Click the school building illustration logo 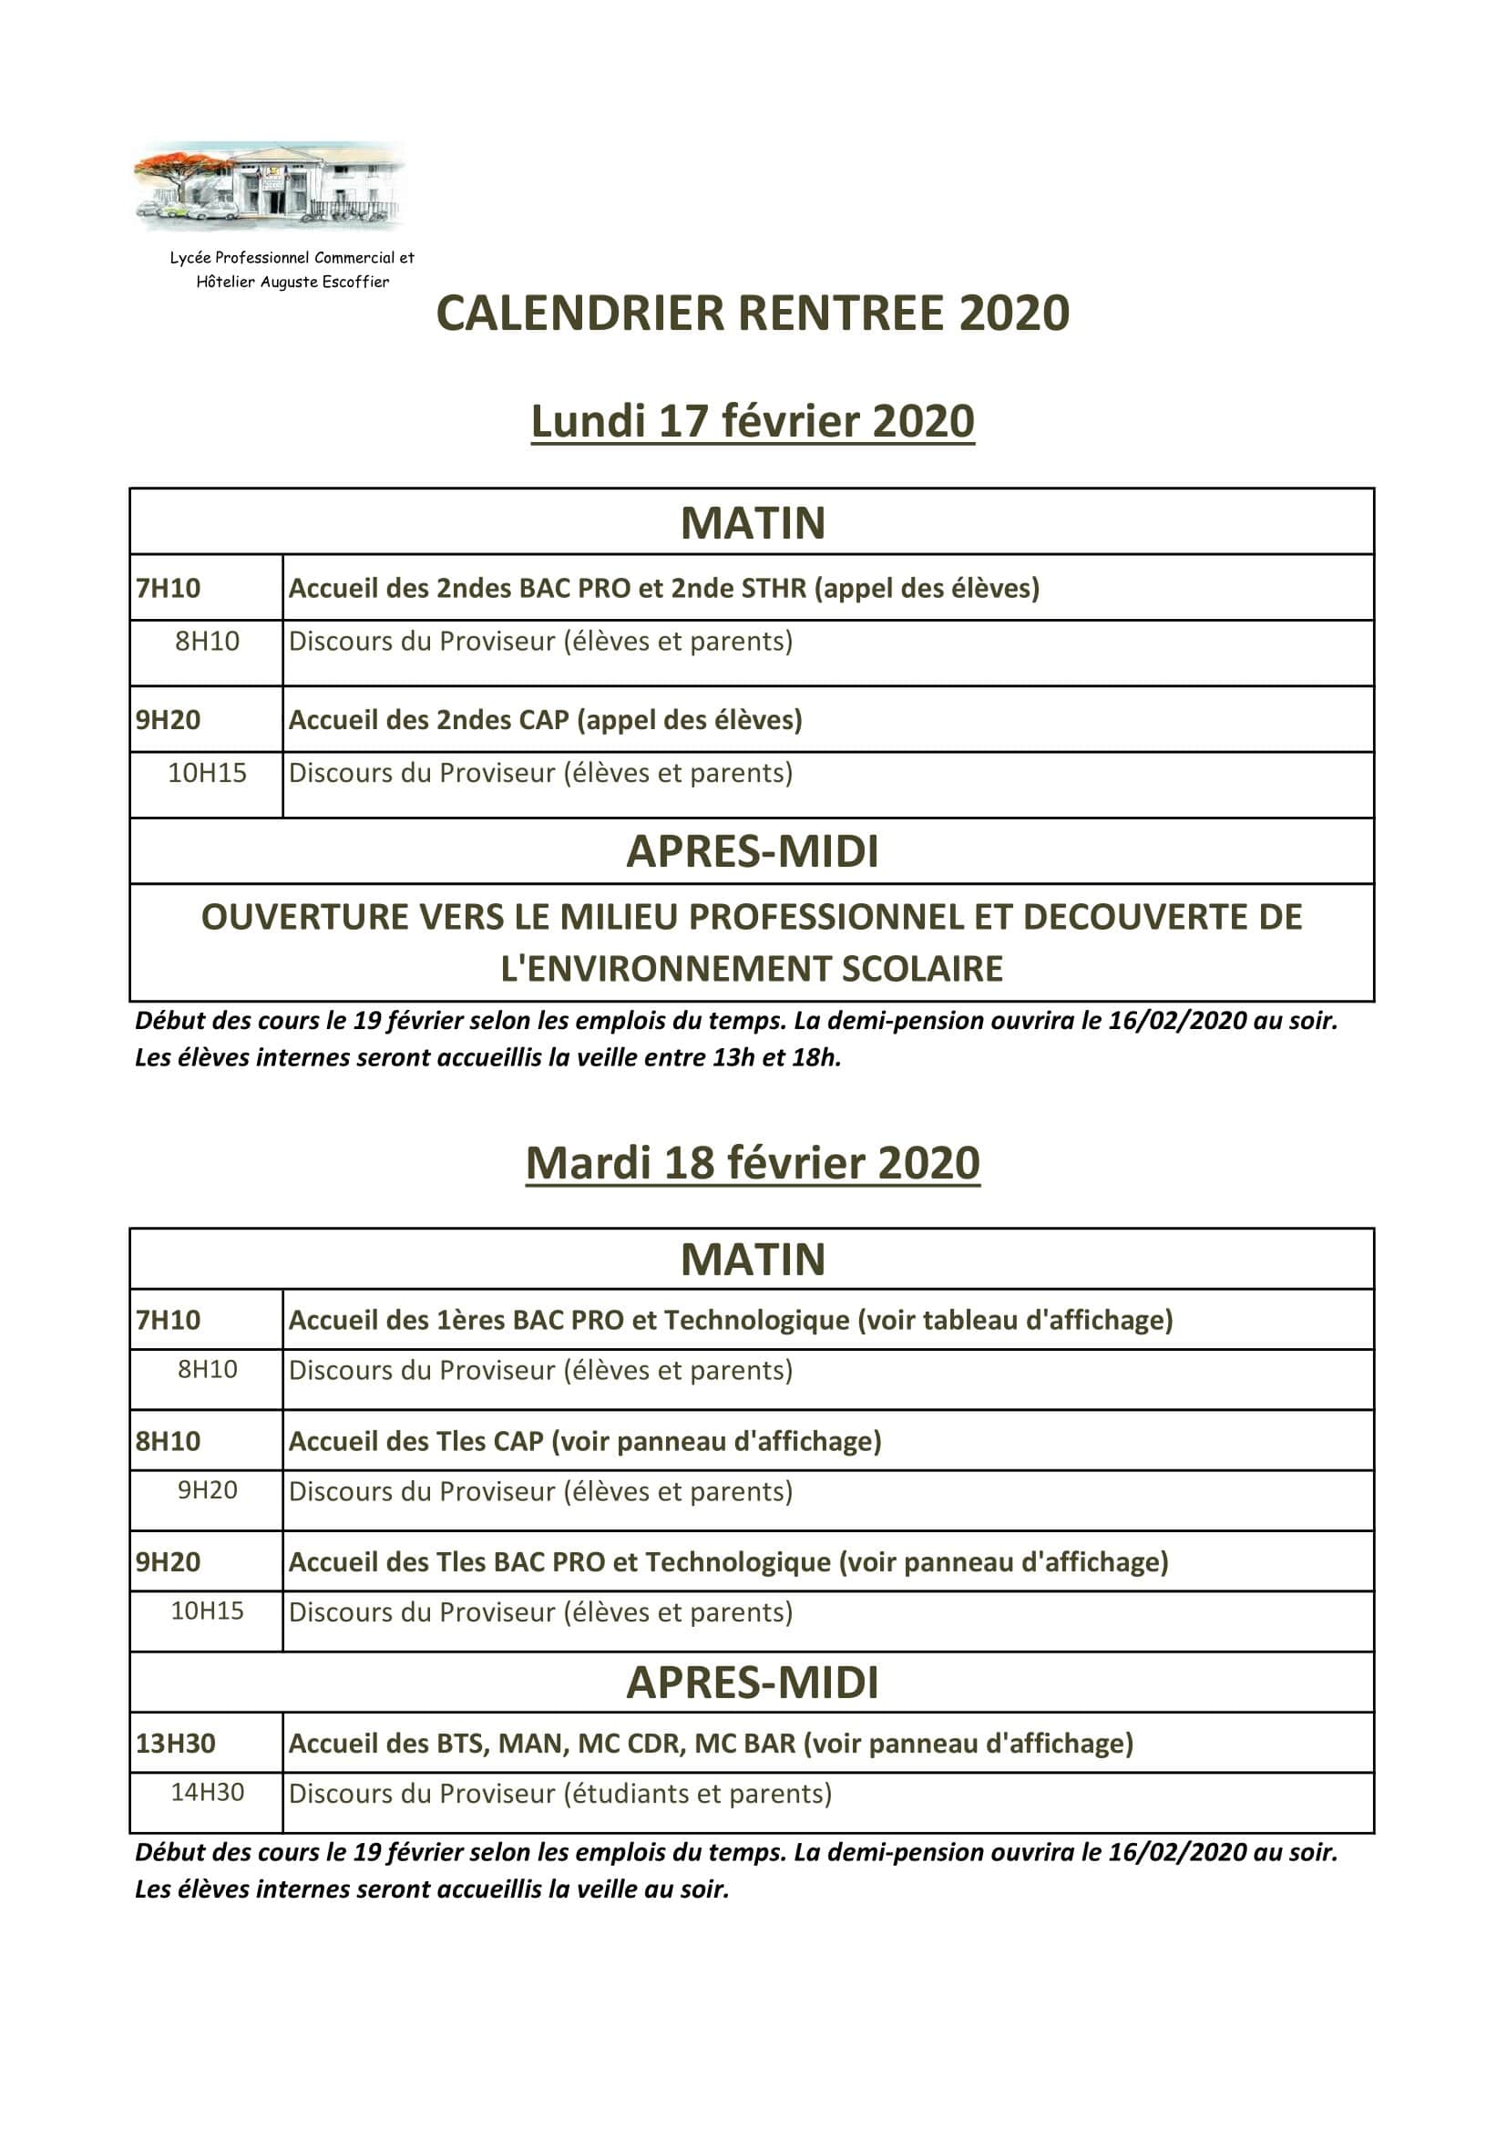click(x=269, y=185)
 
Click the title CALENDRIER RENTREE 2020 click(x=753, y=313)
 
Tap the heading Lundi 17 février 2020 click(x=753, y=421)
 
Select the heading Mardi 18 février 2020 click(x=753, y=1163)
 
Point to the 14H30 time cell click(x=207, y=1792)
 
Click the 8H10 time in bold click(x=168, y=1440)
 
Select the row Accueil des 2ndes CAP click(x=545, y=720)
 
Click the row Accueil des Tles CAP click(x=585, y=1440)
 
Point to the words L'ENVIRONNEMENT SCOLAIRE click(x=752, y=969)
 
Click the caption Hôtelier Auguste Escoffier click(x=292, y=283)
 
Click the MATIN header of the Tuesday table click(x=753, y=1260)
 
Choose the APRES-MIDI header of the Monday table click(x=753, y=851)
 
